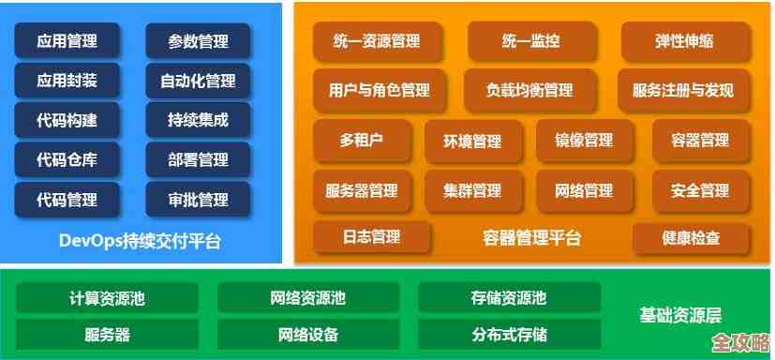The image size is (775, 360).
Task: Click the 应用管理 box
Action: [67, 41]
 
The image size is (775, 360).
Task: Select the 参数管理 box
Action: [199, 41]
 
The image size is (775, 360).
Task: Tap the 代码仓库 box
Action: [67, 159]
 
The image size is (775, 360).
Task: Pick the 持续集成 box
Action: [199, 120]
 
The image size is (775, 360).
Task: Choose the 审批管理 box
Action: [199, 199]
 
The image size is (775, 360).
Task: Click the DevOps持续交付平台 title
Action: [140, 241]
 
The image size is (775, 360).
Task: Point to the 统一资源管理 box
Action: [377, 41]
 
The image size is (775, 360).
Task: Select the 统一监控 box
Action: [530, 41]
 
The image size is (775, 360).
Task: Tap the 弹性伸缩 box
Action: [684, 41]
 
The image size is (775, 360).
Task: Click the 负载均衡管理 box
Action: [529, 91]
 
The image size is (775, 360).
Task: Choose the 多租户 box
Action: [362, 141]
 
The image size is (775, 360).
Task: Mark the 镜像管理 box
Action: [585, 141]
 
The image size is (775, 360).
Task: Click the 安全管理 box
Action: [700, 190]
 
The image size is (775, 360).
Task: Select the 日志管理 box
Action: [372, 236]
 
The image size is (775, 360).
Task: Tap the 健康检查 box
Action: [691, 238]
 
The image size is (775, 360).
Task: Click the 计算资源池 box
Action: [107, 299]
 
